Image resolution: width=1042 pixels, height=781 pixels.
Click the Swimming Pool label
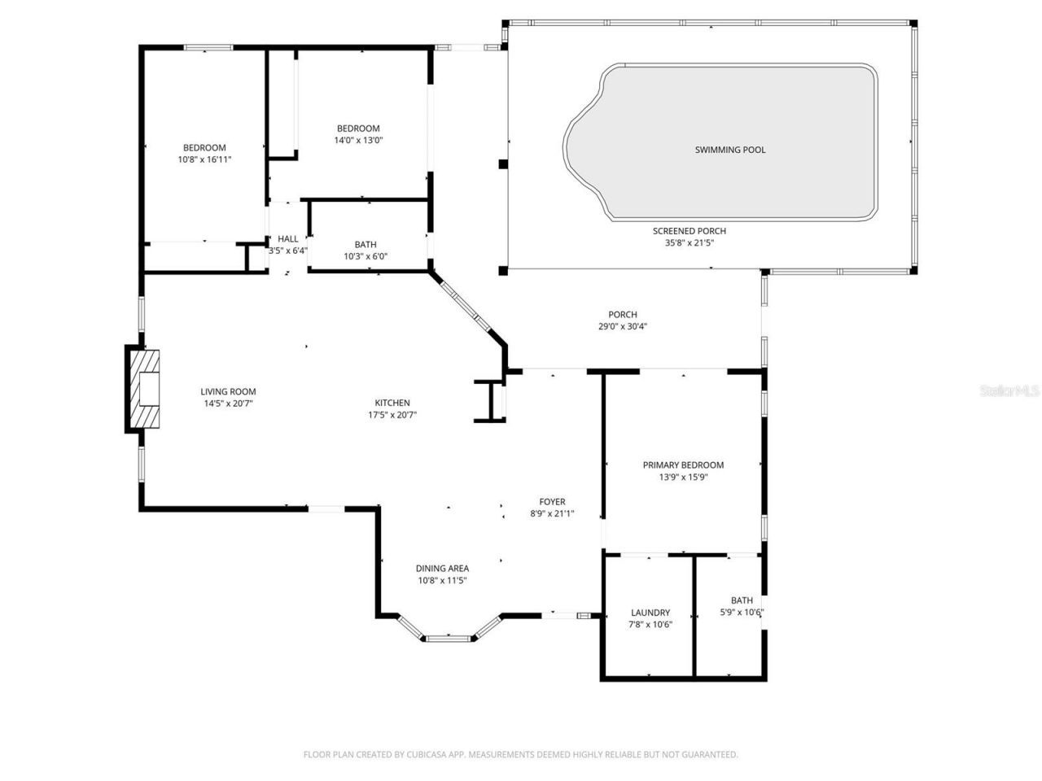click(x=729, y=150)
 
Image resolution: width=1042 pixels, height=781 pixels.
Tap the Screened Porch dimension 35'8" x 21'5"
click(x=689, y=242)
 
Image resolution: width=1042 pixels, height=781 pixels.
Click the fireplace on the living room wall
click(x=145, y=389)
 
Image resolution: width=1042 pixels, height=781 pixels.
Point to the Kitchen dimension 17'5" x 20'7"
click(x=392, y=415)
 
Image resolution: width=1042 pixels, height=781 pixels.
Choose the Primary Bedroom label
click(x=683, y=465)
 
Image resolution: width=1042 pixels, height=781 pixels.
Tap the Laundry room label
click(x=650, y=613)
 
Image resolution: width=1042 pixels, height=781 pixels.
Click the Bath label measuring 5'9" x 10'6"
click(x=742, y=600)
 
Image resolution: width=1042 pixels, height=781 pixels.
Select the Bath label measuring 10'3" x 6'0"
click(x=366, y=245)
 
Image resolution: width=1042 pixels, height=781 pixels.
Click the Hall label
click(x=287, y=238)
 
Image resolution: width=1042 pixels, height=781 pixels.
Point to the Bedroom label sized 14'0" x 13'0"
click(x=358, y=129)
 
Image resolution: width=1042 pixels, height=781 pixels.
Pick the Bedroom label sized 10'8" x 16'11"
click(x=204, y=147)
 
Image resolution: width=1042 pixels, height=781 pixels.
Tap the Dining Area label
click(x=442, y=569)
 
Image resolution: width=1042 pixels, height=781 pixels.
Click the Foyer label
click(x=552, y=502)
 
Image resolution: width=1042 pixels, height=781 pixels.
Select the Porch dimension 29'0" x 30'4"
click(x=623, y=326)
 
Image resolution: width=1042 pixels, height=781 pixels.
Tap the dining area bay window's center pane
click(x=449, y=638)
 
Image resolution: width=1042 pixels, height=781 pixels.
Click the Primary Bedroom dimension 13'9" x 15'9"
click(x=683, y=478)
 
